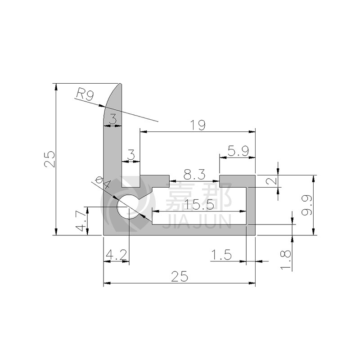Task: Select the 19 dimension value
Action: [198, 125]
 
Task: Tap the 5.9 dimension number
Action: [238, 151]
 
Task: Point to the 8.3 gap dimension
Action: [194, 175]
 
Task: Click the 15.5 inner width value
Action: [199, 205]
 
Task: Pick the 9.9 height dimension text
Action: [307, 205]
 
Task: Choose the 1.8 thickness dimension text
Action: [286, 260]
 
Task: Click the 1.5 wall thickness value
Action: [221, 255]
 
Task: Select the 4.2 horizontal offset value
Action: [116, 255]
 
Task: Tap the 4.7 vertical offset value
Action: [81, 221]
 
